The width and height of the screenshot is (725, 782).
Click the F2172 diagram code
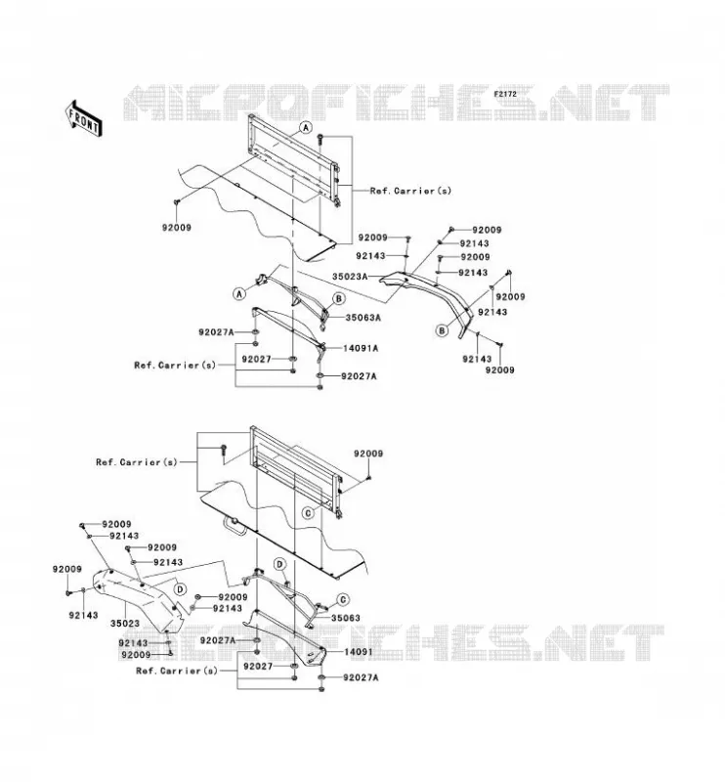pos(505,94)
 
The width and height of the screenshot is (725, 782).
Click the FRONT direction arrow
pos(84,118)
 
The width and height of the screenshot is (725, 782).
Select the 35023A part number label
pos(350,277)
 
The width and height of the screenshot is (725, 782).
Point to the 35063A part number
pos(363,317)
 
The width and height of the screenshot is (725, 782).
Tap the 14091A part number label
pos(361,348)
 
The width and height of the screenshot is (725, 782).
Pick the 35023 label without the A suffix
pos(125,623)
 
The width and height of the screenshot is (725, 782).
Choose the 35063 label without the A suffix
pos(346,618)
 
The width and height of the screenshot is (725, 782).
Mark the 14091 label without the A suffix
pos(358,651)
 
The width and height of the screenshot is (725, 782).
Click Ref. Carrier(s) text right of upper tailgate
pos(410,191)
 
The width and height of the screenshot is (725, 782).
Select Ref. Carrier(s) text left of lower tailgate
pos(136,461)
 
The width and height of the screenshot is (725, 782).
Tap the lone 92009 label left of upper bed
pos(177,228)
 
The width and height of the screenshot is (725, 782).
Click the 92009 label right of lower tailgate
pos(368,454)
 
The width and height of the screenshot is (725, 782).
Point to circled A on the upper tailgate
pos(306,128)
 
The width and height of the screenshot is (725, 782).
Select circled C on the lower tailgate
pos(309,512)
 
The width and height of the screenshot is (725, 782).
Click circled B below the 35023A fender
pos(442,330)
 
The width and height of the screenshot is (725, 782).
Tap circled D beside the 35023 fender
pos(181,589)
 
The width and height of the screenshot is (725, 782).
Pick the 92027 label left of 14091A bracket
pos(256,359)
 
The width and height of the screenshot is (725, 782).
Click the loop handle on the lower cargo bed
pos(235,525)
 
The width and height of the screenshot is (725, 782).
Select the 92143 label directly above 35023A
pos(370,256)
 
